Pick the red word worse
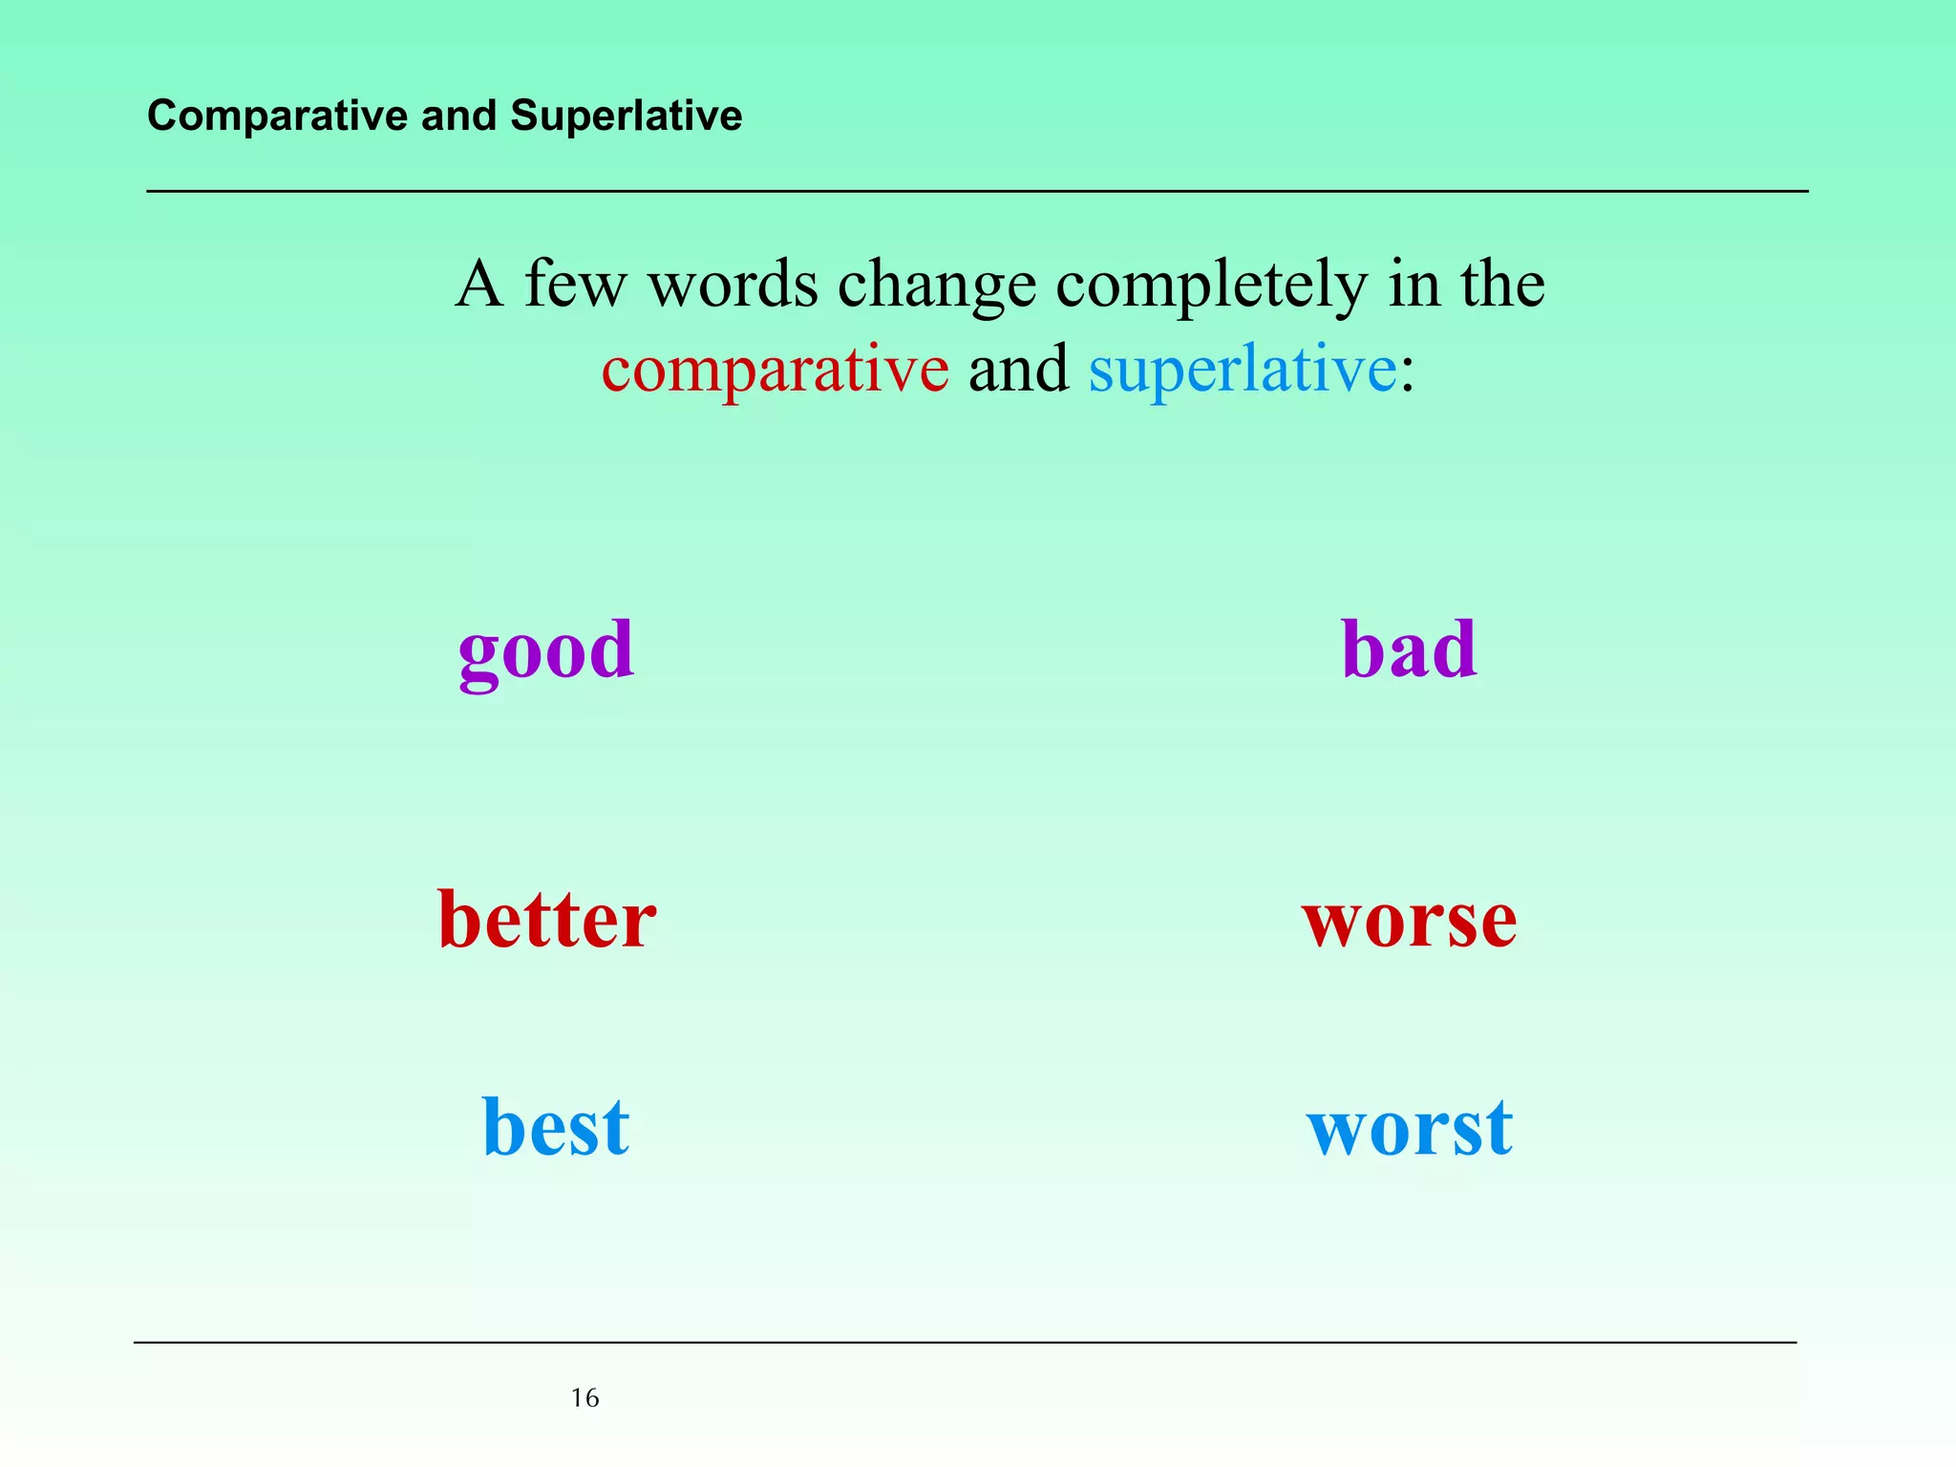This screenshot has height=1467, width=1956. pyautogui.click(x=1409, y=921)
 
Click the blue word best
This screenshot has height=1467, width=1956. pyautogui.click(x=555, y=1127)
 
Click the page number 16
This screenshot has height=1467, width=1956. pyautogui.click(x=585, y=1398)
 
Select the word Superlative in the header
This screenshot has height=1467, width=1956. pyautogui.click(x=626, y=116)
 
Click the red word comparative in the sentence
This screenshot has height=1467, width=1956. pyautogui.click(x=775, y=371)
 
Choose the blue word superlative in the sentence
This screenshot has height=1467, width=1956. pyautogui.click(x=1242, y=371)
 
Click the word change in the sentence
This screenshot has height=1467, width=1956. pyautogui.click(x=936, y=286)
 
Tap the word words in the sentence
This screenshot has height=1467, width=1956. pyautogui.click(x=733, y=285)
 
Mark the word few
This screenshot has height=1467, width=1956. pyautogui.click(x=577, y=284)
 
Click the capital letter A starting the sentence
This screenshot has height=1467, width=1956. pyautogui.click(x=478, y=284)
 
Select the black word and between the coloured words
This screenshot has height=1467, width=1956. pyautogui.click(x=1018, y=370)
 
